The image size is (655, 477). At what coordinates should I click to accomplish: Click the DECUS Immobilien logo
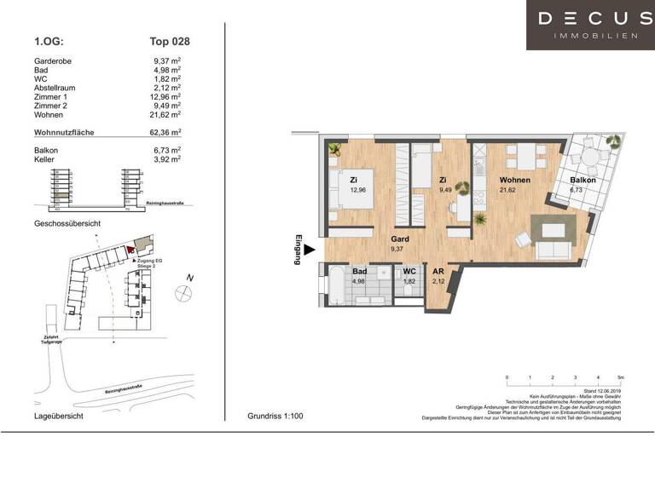(x=590, y=25)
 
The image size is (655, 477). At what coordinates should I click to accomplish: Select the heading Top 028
(x=170, y=40)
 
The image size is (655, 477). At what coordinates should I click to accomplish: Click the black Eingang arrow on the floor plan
(x=310, y=250)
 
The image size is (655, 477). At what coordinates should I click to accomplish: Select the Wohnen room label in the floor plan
(x=515, y=181)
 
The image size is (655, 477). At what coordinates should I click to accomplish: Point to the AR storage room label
(x=438, y=272)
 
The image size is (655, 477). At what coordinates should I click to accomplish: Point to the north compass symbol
(x=182, y=292)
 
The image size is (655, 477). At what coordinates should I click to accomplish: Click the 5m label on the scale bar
(x=620, y=376)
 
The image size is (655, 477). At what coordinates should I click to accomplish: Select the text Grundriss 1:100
(x=275, y=417)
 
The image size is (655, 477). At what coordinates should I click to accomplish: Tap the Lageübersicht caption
(x=58, y=417)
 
